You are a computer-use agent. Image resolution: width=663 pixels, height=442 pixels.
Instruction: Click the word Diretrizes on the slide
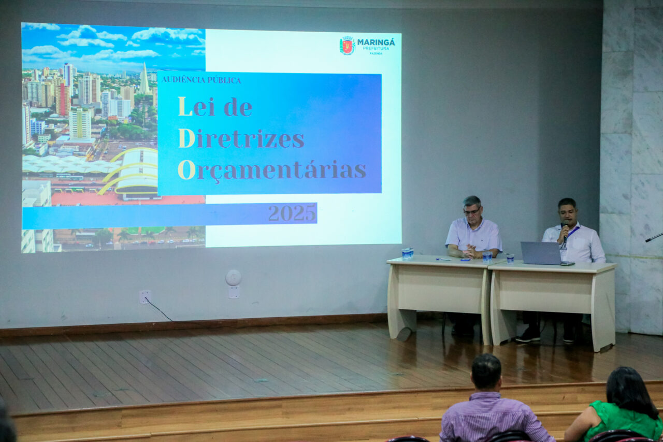(x=241, y=139)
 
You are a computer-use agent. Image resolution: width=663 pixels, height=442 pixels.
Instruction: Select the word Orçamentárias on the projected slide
(x=272, y=170)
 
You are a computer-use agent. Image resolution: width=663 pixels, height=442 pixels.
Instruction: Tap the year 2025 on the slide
(x=292, y=213)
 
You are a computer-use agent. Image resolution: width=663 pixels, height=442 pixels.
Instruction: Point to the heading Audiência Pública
(x=201, y=80)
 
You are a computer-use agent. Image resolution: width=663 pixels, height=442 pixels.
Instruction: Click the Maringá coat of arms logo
(x=347, y=46)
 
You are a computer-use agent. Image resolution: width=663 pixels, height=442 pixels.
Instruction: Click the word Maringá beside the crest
(x=376, y=42)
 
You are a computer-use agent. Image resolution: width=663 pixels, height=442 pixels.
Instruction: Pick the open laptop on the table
(x=542, y=253)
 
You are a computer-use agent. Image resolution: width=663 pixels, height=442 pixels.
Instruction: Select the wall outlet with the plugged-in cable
(x=145, y=296)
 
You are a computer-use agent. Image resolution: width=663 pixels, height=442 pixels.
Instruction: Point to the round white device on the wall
(x=233, y=278)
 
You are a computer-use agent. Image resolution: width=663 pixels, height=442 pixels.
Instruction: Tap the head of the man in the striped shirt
(x=486, y=372)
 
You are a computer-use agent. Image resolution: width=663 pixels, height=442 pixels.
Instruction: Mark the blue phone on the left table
(x=465, y=259)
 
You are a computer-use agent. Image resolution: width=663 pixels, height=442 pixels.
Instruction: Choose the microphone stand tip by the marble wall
(x=654, y=237)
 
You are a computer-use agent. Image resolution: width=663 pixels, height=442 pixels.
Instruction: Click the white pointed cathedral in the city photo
(x=144, y=80)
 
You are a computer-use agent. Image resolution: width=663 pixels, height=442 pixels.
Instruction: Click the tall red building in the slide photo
(x=63, y=99)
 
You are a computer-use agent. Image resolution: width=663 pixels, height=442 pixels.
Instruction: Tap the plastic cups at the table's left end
(x=407, y=254)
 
